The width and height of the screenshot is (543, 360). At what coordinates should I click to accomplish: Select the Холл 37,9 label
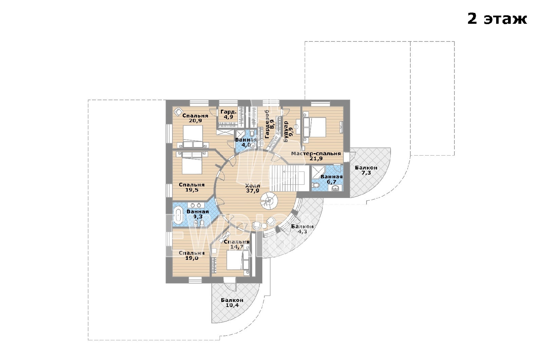pyautogui.click(x=252, y=188)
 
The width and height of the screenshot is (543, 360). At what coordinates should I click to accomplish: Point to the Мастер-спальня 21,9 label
pyautogui.click(x=316, y=156)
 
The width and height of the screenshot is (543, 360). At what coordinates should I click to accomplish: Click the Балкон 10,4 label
pyautogui.click(x=232, y=303)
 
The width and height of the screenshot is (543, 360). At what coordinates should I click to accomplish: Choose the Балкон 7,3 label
pyautogui.click(x=366, y=170)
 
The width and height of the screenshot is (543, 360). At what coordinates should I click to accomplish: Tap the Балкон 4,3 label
pyautogui.click(x=302, y=229)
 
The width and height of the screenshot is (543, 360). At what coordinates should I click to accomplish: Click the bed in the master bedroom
pyautogui.click(x=315, y=127)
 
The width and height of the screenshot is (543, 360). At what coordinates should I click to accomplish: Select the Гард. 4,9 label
pyautogui.click(x=228, y=114)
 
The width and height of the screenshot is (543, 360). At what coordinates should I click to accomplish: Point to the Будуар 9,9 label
pyautogui.click(x=288, y=131)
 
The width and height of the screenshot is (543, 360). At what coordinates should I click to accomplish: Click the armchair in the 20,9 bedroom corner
pyautogui.click(x=179, y=112)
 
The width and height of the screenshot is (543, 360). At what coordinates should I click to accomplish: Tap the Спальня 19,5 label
pyautogui.click(x=192, y=187)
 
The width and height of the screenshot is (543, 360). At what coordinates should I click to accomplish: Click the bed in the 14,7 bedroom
pyautogui.click(x=235, y=260)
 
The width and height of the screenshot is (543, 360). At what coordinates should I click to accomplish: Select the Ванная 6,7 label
pyautogui.click(x=331, y=179)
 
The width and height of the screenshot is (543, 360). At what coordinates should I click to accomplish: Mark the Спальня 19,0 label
pyautogui.click(x=192, y=255)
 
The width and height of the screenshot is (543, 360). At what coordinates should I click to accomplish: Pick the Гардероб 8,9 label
pyautogui.click(x=269, y=124)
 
